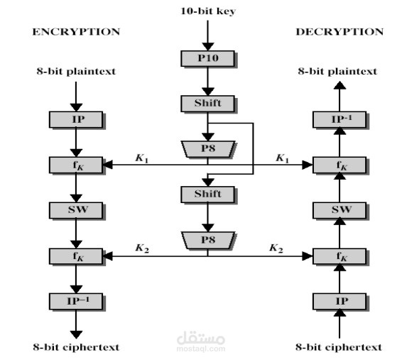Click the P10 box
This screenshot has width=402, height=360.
point(207,59)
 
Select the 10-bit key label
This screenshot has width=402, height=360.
point(208,11)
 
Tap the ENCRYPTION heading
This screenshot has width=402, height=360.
point(76,32)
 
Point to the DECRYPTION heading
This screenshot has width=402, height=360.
point(339,32)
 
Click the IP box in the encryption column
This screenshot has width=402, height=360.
point(76,119)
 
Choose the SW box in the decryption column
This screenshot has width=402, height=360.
point(339,210)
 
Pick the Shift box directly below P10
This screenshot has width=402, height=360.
point(207,104)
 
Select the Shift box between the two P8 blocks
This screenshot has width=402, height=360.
point(207,195)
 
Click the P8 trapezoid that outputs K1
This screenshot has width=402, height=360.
point(208,149)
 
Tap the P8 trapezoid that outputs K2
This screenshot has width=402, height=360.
point(208,240)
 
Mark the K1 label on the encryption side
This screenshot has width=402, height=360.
point(142,158)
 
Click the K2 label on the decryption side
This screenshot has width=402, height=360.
point(276,249)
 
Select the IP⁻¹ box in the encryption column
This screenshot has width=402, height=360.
point(76,301)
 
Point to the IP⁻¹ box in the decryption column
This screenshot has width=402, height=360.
point(339,119)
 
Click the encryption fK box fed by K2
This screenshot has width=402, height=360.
point(76,256)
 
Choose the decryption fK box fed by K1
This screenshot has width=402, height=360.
point(339,165)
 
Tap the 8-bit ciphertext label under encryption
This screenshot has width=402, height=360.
point(76,347)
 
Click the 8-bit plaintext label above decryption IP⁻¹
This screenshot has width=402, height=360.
point(337,71)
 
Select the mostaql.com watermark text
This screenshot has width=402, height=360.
point(201,349)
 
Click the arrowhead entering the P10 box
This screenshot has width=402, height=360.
point(207,47)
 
